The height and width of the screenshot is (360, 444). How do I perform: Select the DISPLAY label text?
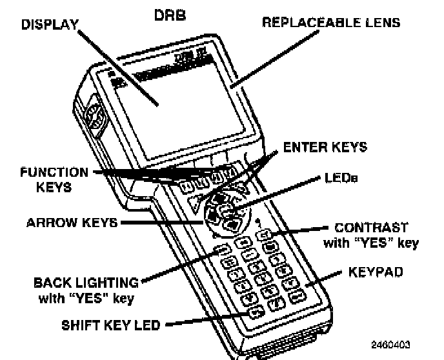pos(49,25)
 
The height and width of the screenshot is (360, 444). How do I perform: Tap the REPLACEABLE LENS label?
pos(331,23)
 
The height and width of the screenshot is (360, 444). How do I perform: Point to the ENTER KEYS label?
pos(325,146)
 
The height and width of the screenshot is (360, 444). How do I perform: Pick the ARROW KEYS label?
pos(72,223)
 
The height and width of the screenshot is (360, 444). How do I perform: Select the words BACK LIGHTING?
pos(86,282)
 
